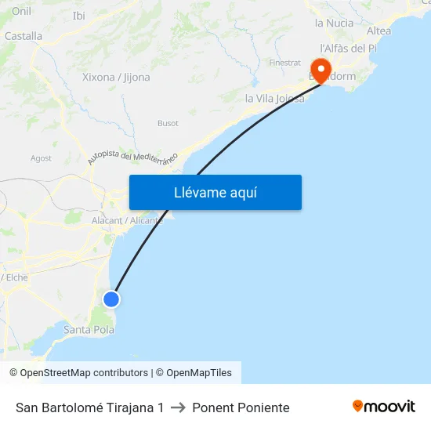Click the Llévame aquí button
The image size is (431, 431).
[215, 192]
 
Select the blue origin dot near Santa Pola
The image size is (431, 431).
[111, 299]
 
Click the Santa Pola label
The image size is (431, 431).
[89, 330]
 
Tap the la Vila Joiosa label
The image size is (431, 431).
[274, 99]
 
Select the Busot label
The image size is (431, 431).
[168, 123]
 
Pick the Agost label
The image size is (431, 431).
[41, 158]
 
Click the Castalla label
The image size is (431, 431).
[24, 36]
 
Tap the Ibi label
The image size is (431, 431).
[78, 16]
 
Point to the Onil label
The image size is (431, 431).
[21, 11]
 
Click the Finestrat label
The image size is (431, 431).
[284, 62]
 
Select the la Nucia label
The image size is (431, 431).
[334, 23]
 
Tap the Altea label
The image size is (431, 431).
[378, 31]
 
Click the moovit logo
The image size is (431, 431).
[384, 406]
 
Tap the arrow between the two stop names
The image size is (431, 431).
[178, 407]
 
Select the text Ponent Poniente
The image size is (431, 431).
[241, 407]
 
